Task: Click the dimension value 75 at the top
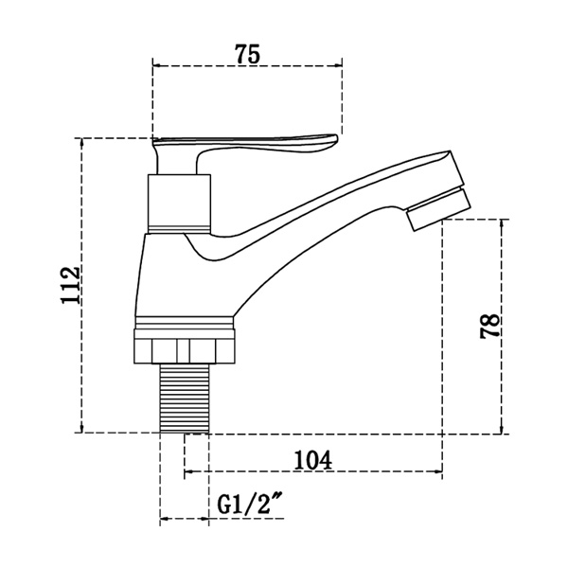(x=247, y=54)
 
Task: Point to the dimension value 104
(x=312, y=459)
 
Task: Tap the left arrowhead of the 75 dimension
(x=157, y=66)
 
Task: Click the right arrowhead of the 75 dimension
(x=337, y=66)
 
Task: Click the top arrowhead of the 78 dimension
(x=504, y=223)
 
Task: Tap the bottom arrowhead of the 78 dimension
(x=504, y=428)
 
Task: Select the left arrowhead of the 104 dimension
(x=187, y=471)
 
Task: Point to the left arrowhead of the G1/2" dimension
(x=164, y=519)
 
